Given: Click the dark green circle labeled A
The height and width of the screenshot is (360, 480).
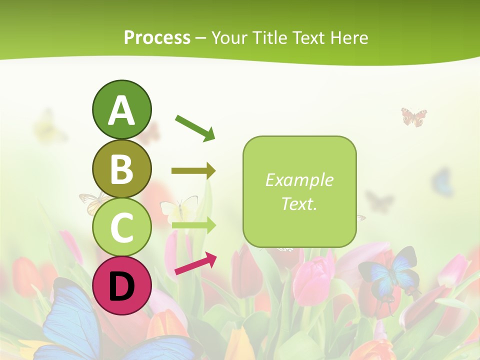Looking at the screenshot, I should (121, 109).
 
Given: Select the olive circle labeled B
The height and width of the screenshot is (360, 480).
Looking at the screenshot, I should (121, 168).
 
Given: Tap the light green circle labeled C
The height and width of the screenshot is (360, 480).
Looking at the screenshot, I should (121, 227).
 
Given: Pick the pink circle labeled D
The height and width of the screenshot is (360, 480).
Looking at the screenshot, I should (121, 285).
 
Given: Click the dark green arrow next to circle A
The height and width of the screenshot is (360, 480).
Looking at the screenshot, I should (194, 127).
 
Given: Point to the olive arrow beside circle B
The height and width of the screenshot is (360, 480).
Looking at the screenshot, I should (193, 171).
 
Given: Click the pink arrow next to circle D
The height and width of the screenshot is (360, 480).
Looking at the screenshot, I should (195, 263).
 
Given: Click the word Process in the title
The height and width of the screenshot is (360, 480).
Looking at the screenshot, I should (157, 37).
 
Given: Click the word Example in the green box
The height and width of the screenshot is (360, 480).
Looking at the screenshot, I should (299, 180).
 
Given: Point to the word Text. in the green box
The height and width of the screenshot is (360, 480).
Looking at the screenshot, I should (299, 203).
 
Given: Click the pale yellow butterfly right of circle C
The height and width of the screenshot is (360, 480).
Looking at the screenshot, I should (179, 208).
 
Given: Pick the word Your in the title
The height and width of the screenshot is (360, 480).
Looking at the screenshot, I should (228, 37).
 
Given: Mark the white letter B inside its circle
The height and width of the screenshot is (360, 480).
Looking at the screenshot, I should (121, 169).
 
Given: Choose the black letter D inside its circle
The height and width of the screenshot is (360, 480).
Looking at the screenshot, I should (121, 286).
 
